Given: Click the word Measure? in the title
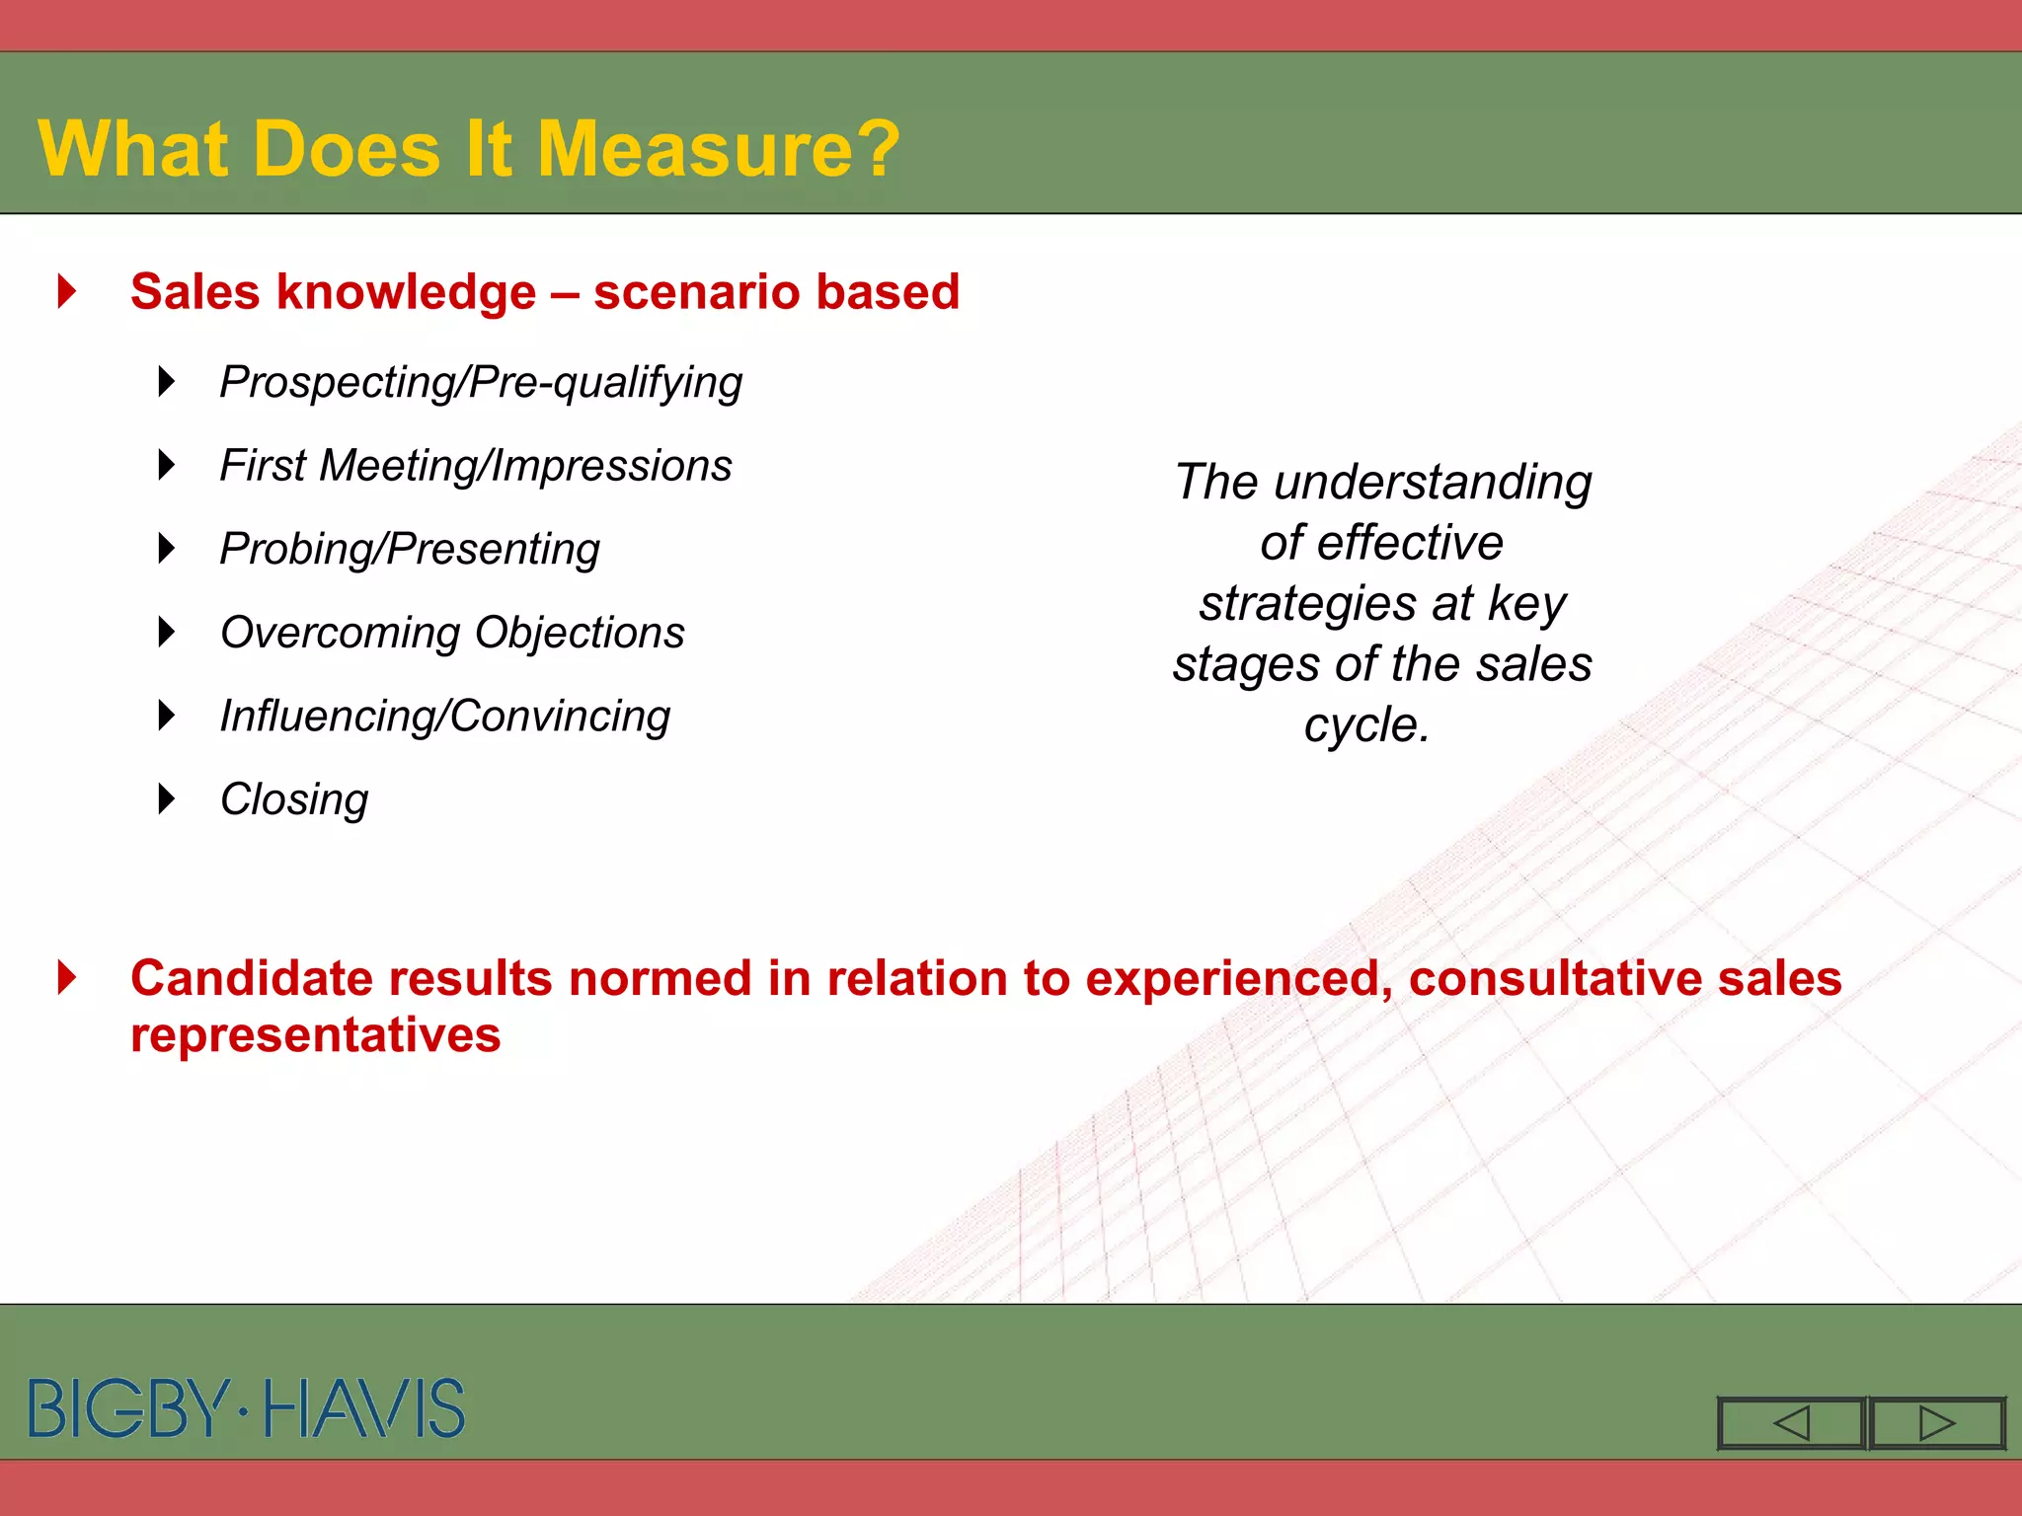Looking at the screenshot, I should tap(718, 149).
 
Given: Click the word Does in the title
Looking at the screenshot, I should tap(346, 149).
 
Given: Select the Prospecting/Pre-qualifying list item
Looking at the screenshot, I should tap(481, 383).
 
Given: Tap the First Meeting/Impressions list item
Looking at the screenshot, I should tap(476, 466).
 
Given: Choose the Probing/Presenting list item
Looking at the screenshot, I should tap(410, 550).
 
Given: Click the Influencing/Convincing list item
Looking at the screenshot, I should tap(444, 717).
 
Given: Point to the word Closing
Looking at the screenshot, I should tap(294, 799).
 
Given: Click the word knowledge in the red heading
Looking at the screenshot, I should tap(407, 292).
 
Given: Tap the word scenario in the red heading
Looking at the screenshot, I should tap(696, 292).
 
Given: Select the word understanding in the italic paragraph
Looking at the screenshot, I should tap(1433, 483).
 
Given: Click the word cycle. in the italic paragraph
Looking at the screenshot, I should tap(1366, 725).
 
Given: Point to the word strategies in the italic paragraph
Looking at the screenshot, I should tap(1308, 604).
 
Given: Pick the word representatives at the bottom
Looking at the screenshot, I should tap(316, 1035).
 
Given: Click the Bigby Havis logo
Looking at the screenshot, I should tap(247, 1408).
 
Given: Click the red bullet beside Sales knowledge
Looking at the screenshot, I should tap(67, 291).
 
